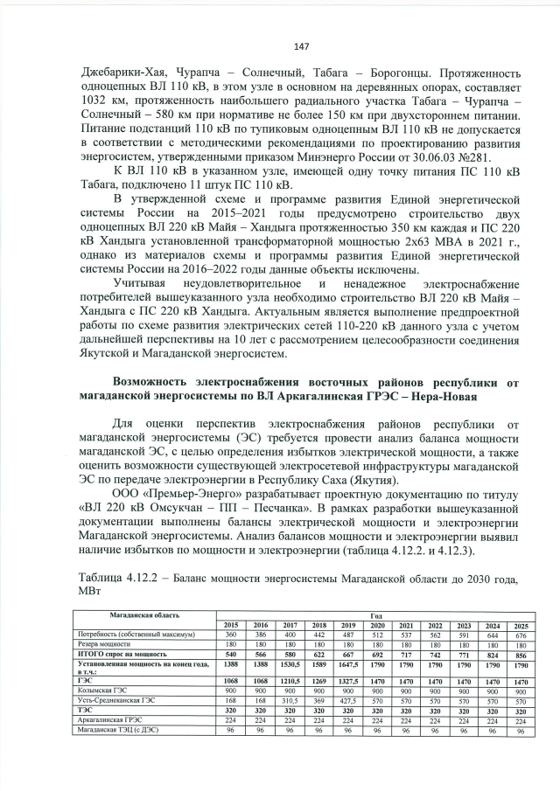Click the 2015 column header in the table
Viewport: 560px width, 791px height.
point(231,625)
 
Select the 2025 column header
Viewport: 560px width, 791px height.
point(521,625)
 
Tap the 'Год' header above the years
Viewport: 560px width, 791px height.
point(375,615)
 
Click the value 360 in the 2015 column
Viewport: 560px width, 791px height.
point(231,634)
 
